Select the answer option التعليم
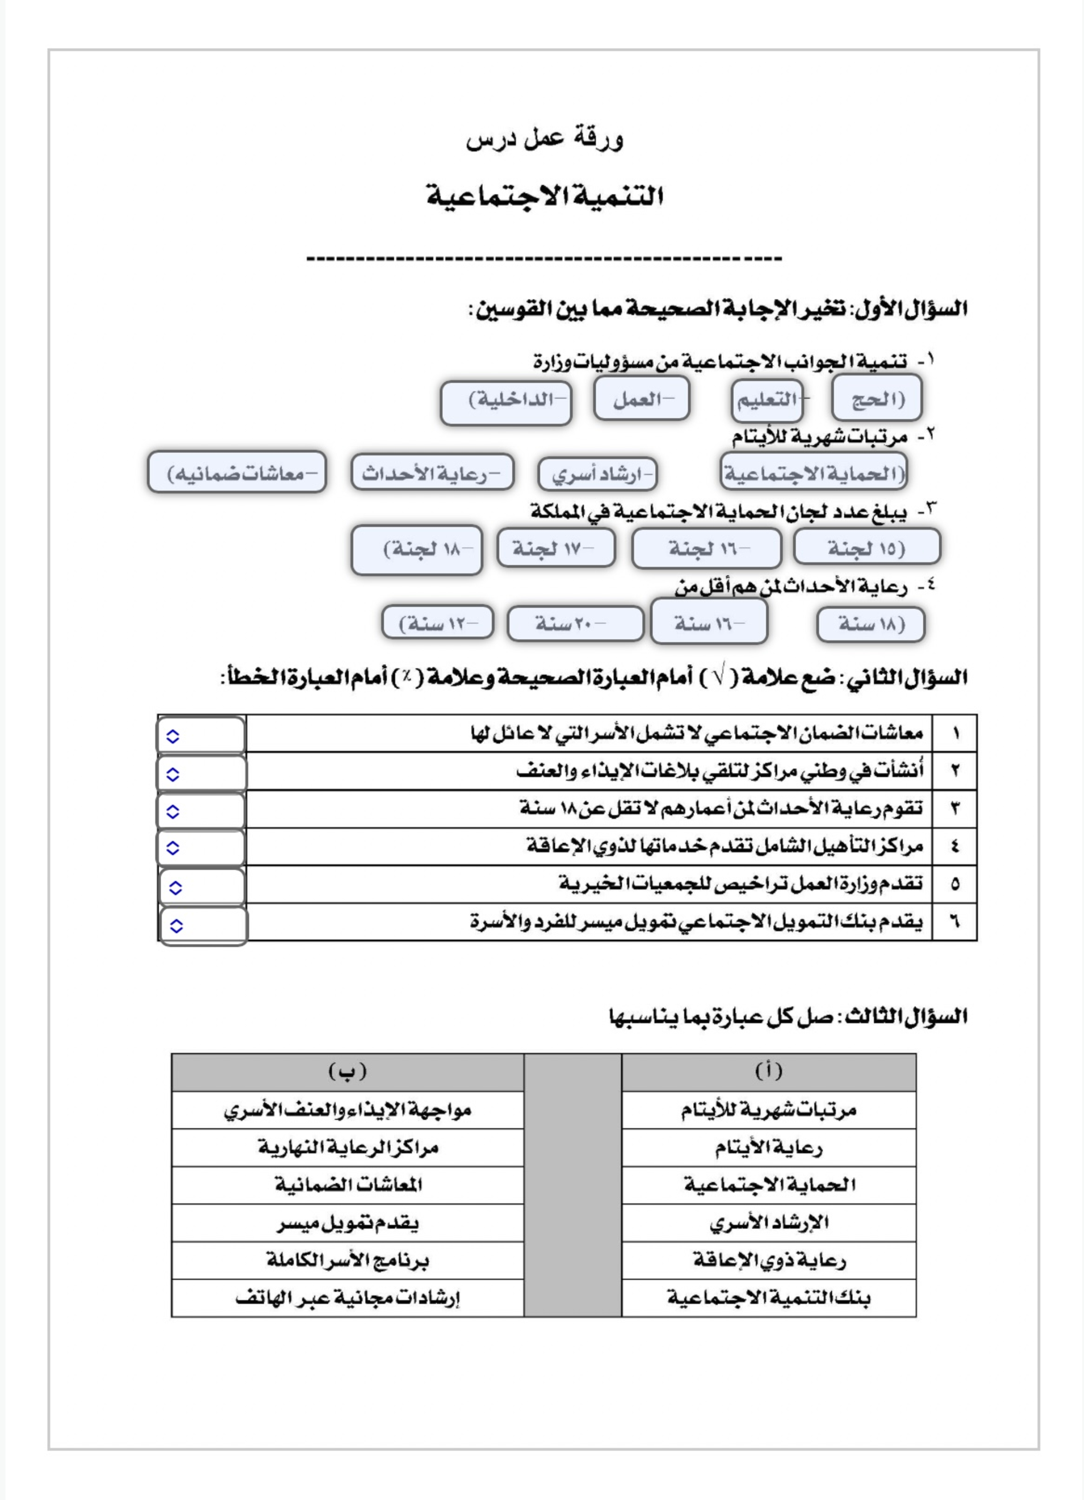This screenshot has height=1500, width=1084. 767,400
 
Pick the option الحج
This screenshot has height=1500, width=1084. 877,398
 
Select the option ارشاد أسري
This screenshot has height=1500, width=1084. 598,474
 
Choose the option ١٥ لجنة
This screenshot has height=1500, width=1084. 866,548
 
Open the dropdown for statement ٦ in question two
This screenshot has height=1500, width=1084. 176,926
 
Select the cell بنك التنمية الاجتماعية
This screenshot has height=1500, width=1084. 768,1298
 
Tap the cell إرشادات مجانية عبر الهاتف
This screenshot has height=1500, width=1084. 348,1298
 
